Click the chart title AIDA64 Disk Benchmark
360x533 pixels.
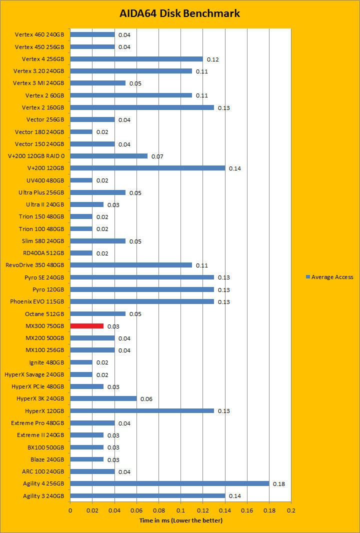pyautogui.click(x=180, y=13)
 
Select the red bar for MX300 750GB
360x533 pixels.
pyautogui.click(x=86, y=326)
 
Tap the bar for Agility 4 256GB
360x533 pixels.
pyautogui.click(x=169, y=483)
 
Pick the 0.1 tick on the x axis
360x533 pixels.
pyautogui.click(x=180, y=510)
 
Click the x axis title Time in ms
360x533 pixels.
pyautogui.click(x=180, y=520)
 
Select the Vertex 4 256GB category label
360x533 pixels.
pyautogui.click(x=42, y=59)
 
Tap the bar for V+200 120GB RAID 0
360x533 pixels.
pyautogui.click(x=108, y=156)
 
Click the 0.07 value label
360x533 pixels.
pyautogui.click(x=157, y=156)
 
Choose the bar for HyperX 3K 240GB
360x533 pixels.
pyautogui.click(x=103, y=398)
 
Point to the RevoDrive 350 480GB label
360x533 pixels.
pyautogui.click(x=34, y=265)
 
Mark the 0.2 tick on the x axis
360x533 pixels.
pyautogui.click(x=291, y=510)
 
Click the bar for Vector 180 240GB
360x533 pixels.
pyautogui.click(x=81, y=131)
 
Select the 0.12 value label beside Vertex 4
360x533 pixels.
pyautogui.click(x=213, y=59)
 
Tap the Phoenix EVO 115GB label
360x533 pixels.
pyautogui.click(x=37, y=301)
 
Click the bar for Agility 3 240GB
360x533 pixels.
pyautogui.click(x=147, y=495)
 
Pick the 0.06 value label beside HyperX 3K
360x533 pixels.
pyautogui.click(x=146, y=399)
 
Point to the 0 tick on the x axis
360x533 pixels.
pyautogui.click(x=70, y=510)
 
